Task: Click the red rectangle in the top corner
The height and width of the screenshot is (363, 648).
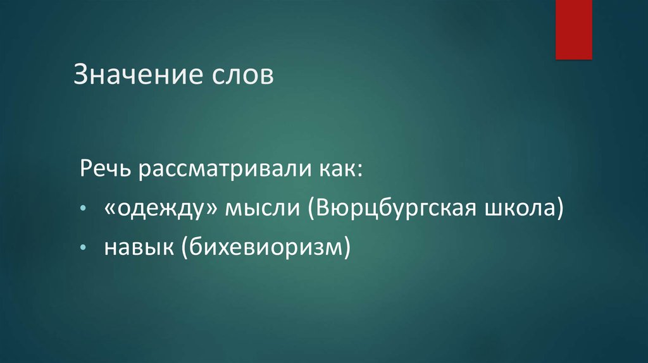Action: (x=573, y=29)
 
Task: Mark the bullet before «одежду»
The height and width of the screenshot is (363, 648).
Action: (x=84, y=209)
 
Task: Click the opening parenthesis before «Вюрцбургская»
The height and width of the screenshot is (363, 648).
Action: (x=312, y=209)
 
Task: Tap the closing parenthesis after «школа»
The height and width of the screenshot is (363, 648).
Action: (x=559, y=209)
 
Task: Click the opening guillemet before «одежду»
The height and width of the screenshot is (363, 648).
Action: (x=110, y=209)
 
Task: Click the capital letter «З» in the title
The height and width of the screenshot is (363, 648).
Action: (x=81, y=75)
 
